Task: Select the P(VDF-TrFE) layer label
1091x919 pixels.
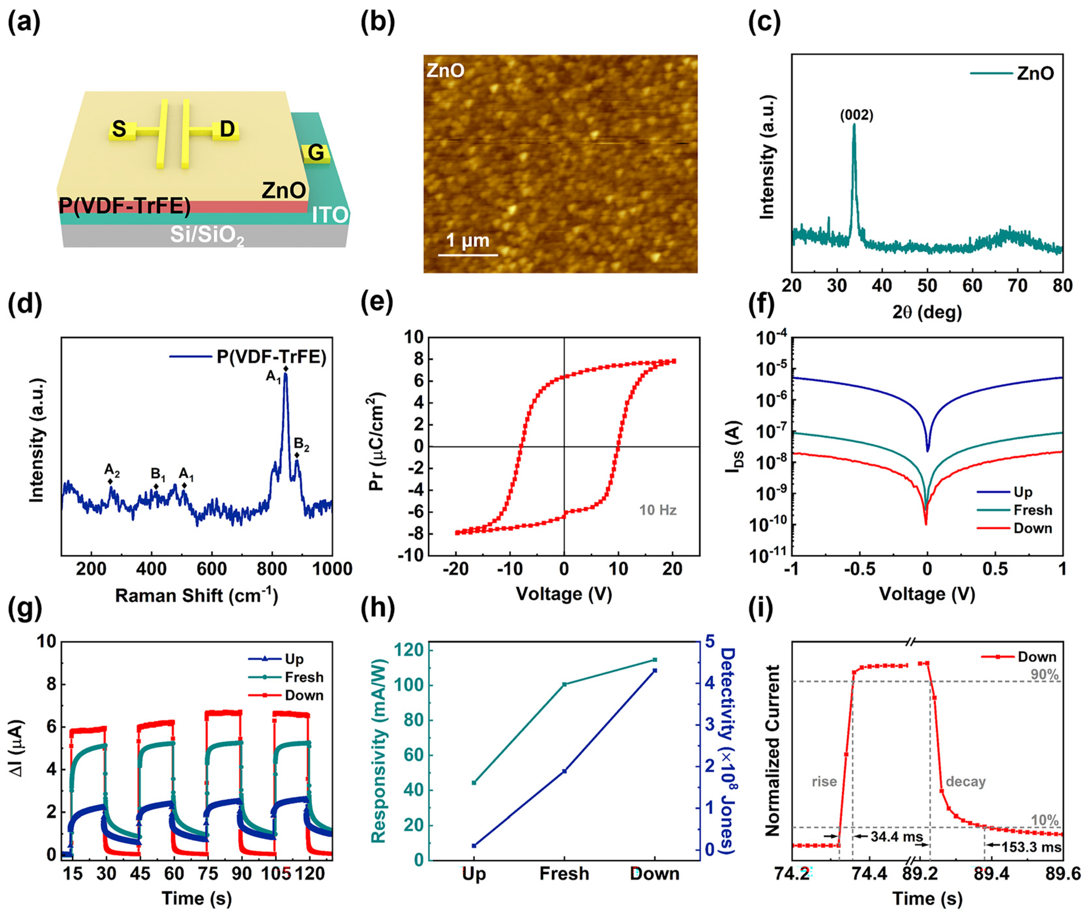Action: pyautogui.click(x=125, y=206)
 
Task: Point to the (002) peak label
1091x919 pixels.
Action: pyautogui.click(x=856, y=115)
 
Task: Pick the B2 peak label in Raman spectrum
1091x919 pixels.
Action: pyautogui.click(x=301, y=444)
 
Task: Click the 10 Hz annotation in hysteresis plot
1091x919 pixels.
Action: pyautogui.click(x=657, y=510)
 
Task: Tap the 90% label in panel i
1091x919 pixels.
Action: pyautogui.click(x=1044, y=675)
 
